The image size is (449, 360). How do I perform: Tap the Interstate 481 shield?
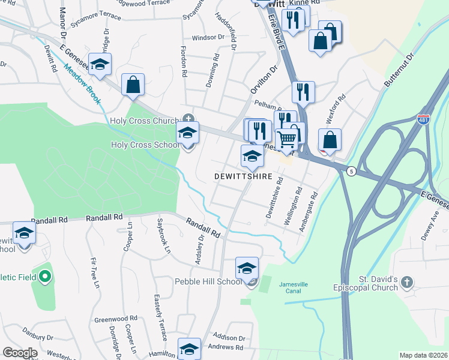[424, 119]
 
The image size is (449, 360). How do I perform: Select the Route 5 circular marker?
[352, 172]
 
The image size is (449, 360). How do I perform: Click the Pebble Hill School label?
[208, 281]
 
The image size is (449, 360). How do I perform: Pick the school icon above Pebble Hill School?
[247, 269]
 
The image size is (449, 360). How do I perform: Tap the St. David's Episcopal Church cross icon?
[407, 281]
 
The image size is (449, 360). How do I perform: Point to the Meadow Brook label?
[82, 76]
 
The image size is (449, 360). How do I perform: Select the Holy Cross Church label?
[145, 121]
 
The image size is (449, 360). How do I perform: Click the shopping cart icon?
[287, 139]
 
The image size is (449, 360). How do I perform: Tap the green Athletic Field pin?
[44, 277]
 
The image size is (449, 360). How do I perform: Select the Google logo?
[20, 353]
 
